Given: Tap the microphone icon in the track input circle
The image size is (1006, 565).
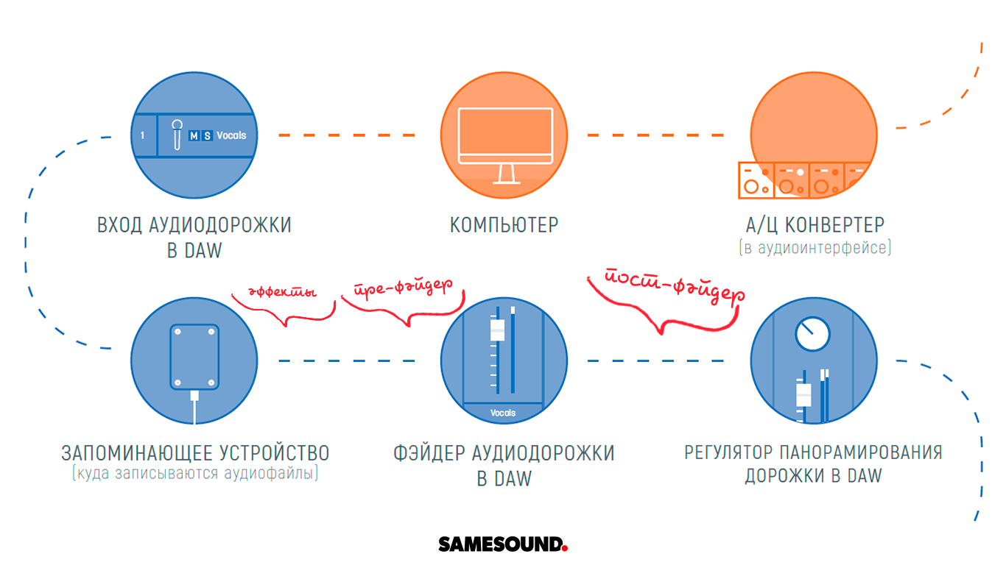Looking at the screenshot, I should pyautogui.click(x=177, y=135).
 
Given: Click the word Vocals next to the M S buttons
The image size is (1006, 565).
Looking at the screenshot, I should pyautogui.click(x=231, y=135).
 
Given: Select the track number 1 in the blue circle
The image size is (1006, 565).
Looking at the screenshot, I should pyautogui.click(x=143, y=135).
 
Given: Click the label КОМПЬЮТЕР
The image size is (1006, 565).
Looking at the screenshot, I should pyautogui.click(x=504, y=224).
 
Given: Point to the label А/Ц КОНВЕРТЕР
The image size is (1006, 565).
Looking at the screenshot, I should pyautogui.click(x=814, y=224).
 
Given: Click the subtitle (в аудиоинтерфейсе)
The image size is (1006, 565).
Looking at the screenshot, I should pyautogui.click(x=814, y=248).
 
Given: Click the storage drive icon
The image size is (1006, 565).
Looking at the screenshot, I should pyautogui.click(x=194, y=357).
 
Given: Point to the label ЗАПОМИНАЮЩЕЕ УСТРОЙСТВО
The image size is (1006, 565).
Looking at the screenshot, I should pyautogui.click(x=195, y=452).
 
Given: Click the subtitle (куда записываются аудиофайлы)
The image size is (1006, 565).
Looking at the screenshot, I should pyautogui.click(x=195, y=473).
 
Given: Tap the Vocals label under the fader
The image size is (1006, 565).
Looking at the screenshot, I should pyautogui.click(x=503, y=413).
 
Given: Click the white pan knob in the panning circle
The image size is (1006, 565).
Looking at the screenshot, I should pyautogui.click(x=812, y=334).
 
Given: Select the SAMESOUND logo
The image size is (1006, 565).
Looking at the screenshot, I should pyautogui.click(x=503, y=544).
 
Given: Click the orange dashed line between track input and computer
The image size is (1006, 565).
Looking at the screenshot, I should pyautogui.click(x=346, y=135).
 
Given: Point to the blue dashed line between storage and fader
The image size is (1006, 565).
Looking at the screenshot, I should pyautogui.click(x=346, y=360).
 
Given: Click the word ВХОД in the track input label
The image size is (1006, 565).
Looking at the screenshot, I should pyautogui.click(x=118, y=224).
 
